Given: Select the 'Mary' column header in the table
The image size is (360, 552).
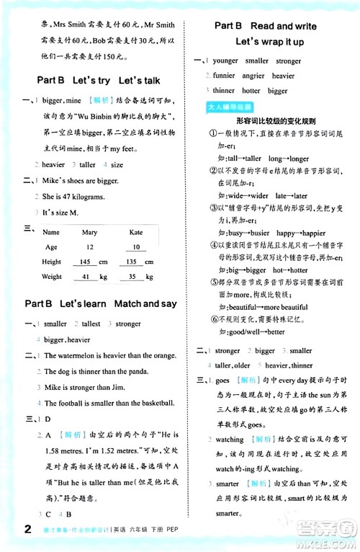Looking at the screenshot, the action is [90, 232].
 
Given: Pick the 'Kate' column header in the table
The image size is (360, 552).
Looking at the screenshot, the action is [136, 232].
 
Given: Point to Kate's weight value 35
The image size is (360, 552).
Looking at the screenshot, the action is [132, 277].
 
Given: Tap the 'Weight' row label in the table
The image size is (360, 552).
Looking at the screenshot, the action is [52, 277].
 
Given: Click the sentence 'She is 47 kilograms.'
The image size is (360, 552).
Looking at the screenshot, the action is [75, 196].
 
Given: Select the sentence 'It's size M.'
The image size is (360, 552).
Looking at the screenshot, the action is [61, 213].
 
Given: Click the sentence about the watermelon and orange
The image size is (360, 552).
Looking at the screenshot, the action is [109, 355].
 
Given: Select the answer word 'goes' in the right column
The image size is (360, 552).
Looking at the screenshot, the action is [222, 380].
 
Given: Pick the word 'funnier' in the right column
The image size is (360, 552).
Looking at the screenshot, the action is [224, 76].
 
